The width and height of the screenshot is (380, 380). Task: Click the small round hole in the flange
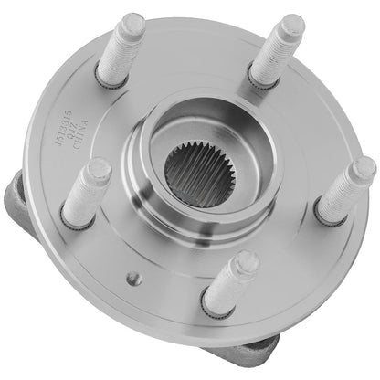point(132,277)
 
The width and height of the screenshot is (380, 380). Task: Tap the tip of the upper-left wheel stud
point(134,22)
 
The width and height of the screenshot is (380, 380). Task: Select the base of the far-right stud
point(324,216)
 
